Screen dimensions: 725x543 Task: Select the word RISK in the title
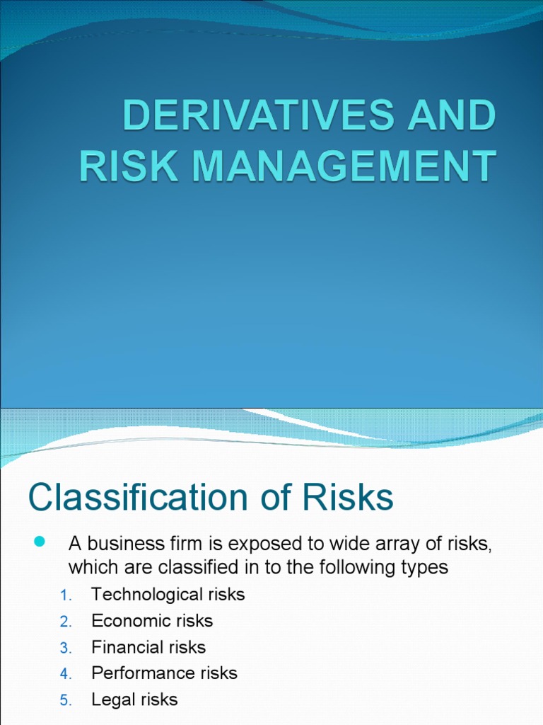coord(115,167)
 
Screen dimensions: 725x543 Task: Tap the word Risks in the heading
coord(348,498)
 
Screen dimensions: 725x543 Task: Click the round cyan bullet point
coord(39,542)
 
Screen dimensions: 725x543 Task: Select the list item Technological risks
coord(168,595)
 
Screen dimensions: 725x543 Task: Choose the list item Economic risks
coord(152,621)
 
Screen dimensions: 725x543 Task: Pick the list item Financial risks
coord(148,647)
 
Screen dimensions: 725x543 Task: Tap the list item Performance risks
coord(164,673)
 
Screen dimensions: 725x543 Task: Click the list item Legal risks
coord(134,700)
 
